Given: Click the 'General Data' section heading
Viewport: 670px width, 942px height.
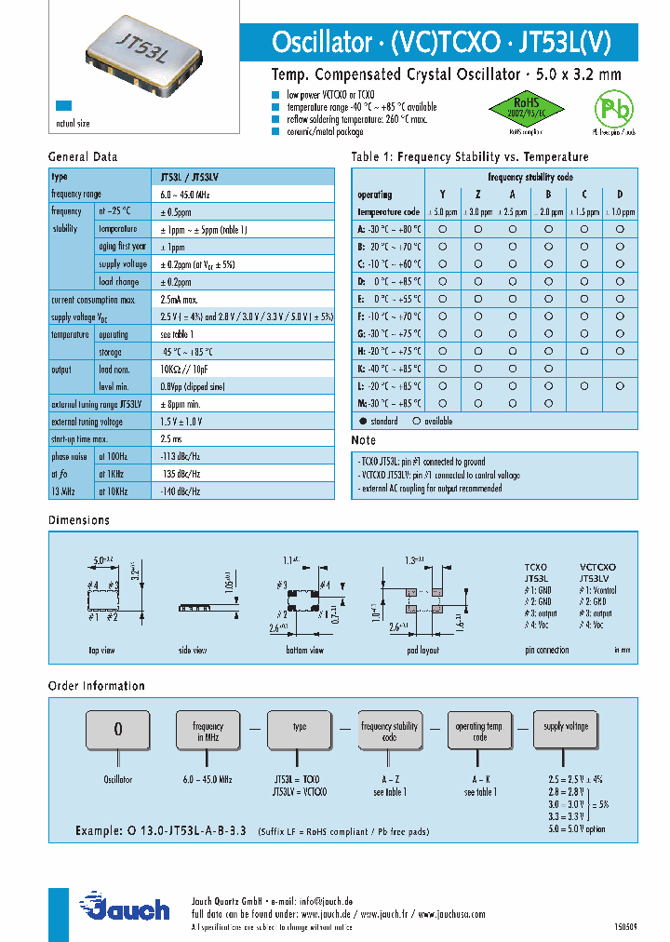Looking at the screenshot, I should (x=83, y=157).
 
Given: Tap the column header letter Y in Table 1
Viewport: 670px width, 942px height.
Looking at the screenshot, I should (x=443, y=195).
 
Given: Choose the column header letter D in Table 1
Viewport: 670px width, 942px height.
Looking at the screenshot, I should (x=619, y=195).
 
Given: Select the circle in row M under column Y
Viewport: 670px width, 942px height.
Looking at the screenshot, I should (x=443, y=404).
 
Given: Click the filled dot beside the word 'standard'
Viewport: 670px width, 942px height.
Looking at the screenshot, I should (x=362, y=421).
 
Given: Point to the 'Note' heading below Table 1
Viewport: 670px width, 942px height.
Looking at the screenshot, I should (x=363, y=440).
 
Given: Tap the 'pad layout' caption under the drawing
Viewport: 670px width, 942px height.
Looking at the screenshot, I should (x=422, y=651).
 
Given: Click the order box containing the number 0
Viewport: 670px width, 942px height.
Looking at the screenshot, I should (x=117, y=729).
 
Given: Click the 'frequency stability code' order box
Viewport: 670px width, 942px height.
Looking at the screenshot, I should (x=389, y=731).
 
